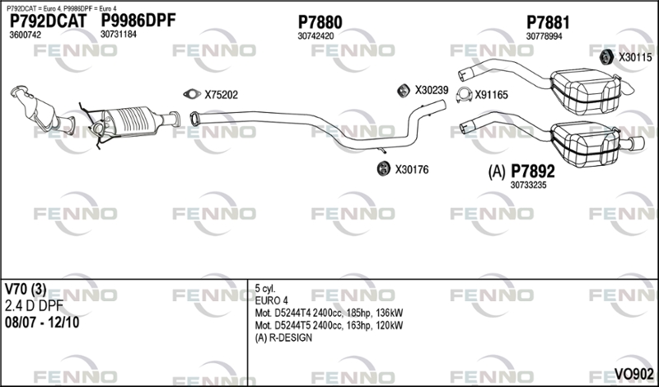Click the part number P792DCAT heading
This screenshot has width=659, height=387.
click(x=48, y=21)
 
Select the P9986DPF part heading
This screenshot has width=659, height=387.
click(x=138, y=20)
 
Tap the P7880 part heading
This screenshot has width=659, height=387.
click(x=320, y=22)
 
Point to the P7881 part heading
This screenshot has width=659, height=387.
click(x=548, y=22)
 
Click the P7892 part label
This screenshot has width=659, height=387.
click(x=532, y=171)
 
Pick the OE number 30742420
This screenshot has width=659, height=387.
click(x=315, y=36)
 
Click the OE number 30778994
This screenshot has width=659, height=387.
click(x=544, y=36)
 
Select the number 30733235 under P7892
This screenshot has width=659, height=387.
click(x=528, y=186)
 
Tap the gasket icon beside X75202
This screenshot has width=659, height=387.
click(x=192, y=94)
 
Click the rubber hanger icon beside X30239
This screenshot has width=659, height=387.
click(x=404, y=91)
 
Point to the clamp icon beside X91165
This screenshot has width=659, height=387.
click(x=464, y=95)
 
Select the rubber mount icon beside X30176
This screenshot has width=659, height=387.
click(x=383, y=169)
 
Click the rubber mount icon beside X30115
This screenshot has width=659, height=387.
click(x=605, y=57)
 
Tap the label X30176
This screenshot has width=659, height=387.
click(x=411, y=170)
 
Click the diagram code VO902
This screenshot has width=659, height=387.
click(x=633, y=374)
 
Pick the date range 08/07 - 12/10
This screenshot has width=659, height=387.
click(x=42, y=323)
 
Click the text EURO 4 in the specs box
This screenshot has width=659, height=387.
click(x=271, y=300)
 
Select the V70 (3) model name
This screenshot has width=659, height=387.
click(x=26, y=290)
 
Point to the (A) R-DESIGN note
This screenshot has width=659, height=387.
click(x=283, y=337)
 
